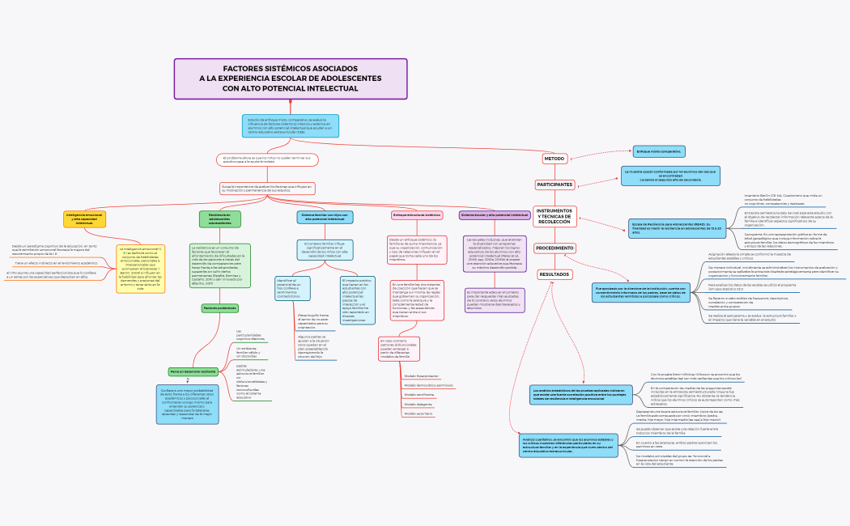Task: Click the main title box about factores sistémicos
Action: tap(291, 78)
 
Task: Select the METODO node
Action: tap(554, 159)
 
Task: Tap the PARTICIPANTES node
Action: tap(555, 185)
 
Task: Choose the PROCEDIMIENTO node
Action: tap(555, 248)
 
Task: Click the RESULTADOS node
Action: tap(555, 274)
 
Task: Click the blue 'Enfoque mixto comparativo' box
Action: tap(659, 151)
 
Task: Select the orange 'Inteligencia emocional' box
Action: tap(84, 219)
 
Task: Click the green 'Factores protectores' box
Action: tap(219, 308)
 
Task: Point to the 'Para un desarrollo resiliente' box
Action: tap(193, 371)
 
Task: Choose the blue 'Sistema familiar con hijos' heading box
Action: tap(324, 217)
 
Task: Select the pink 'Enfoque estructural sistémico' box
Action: tap(416, 215)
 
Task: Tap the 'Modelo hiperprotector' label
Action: tap(422, 376)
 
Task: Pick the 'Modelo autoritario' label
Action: tap(419, 414)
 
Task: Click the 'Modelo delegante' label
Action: tap(419, 404)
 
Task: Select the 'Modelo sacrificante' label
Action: tap(420, 395)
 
